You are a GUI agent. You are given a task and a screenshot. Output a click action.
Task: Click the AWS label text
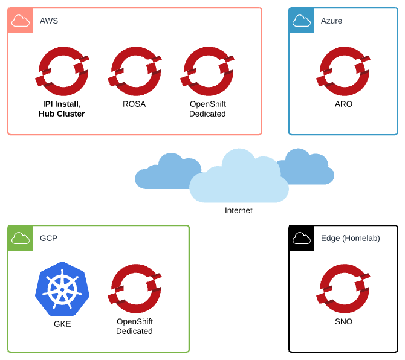point(49,21)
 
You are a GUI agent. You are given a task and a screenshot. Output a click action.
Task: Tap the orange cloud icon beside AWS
point(20,21)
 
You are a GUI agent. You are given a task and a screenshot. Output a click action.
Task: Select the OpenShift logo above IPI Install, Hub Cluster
point(62,71)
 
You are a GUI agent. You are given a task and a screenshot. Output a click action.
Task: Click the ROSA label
point(134,104)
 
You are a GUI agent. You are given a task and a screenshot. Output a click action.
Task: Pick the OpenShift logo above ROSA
point(134,71)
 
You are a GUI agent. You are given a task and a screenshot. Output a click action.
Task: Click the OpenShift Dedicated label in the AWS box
point(207,109)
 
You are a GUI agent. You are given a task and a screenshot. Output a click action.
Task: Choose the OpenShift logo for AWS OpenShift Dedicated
point(207,71)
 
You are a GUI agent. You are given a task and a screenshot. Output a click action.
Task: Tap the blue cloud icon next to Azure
point(301,21)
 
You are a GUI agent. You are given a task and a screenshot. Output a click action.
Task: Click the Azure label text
point(331,21)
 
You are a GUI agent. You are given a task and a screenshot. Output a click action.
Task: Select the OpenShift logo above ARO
point(343,71)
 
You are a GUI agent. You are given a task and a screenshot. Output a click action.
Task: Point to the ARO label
point(343,104)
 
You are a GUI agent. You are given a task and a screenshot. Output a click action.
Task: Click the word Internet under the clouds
point(239,210)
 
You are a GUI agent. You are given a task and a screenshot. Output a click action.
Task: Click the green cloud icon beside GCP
point(20,238)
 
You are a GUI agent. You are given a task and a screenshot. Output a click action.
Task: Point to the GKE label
point(62,324)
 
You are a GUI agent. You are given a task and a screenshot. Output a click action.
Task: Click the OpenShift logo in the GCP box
point(134,289)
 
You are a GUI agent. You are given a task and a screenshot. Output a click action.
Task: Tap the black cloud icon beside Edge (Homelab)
point(301,238)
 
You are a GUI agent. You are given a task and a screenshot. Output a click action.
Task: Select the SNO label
point(343,321)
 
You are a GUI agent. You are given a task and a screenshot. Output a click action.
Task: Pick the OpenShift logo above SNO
point(343,289)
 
